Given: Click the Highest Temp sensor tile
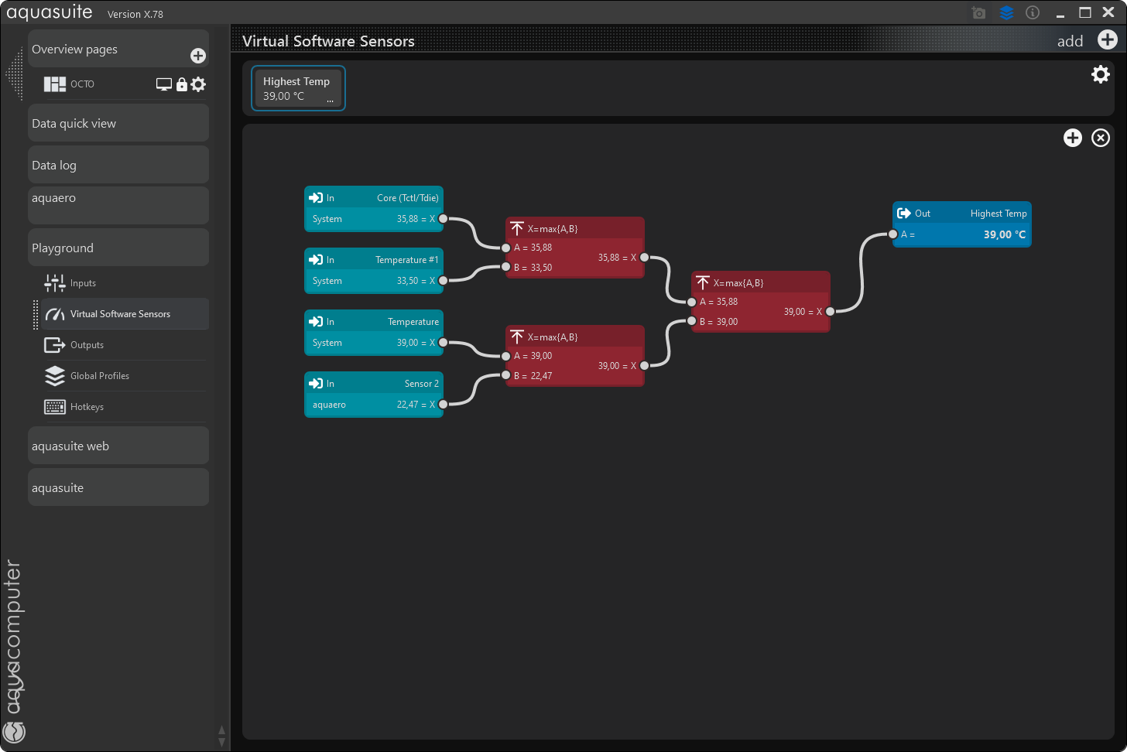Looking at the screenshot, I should point(298,88).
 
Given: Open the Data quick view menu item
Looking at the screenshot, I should point(118,124).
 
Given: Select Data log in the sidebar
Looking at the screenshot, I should point(118,166).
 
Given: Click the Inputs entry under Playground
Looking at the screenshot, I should point(83,283).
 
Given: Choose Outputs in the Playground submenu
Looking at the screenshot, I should point(87,345).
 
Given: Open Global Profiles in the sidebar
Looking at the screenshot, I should point(99,376).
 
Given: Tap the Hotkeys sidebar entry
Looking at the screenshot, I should point(87,407).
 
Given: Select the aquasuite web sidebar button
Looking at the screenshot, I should point(118,446).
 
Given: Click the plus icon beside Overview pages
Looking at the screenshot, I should point(198,56).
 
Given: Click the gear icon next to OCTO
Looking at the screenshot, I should point(199,84).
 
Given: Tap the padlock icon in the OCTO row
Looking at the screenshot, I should point(182,84).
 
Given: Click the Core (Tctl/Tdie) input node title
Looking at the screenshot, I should point(407,198).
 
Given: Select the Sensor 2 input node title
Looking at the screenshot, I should point(421,384).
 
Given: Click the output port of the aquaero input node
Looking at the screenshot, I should point(444,405).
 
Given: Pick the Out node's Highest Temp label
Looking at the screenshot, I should point(999,214).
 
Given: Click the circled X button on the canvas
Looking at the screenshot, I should point(1101,138).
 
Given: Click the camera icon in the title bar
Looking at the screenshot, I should point(979,13).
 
